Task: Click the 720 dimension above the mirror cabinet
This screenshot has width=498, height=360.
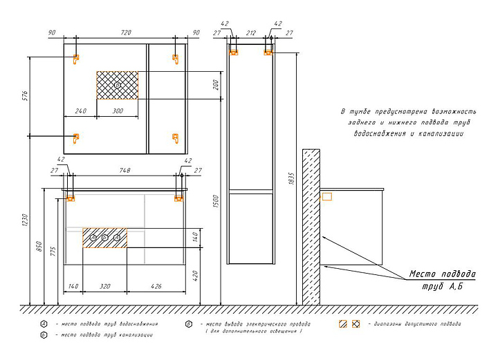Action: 126,32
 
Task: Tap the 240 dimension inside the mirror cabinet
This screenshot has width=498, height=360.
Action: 80,111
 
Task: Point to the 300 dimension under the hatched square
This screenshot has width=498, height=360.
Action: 118,111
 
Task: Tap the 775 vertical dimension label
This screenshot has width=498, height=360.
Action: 53,251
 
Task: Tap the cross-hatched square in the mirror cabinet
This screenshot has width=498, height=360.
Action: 118,85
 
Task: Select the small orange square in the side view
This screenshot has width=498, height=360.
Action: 328,196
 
